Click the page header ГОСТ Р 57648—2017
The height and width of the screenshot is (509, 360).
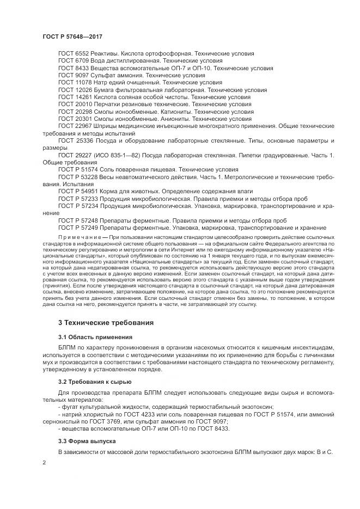point(72,36)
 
